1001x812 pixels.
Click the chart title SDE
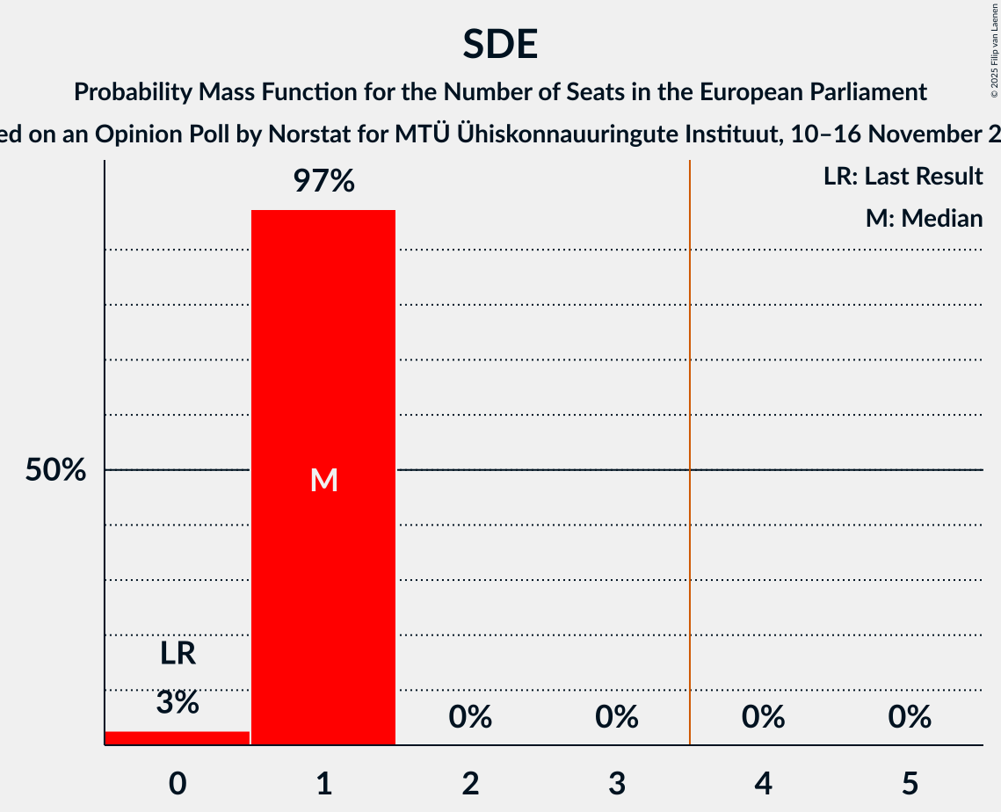tap(500, 44)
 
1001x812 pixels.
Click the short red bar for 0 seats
tap(178, 737)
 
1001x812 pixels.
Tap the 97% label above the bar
tap(323, 182)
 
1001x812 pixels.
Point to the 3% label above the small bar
tap(178, 702)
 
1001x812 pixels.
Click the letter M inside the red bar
tap(323, 480)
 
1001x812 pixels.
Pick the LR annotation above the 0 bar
tap(178, 654)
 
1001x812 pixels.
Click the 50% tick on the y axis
tap(55, 470)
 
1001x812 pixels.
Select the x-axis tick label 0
tap(178, 783)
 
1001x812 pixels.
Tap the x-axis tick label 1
tap(323, 783)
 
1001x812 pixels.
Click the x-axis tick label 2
tap(470, 783)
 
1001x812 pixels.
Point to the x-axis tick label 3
tap(616, 783)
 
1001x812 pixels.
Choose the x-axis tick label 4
tap(763, 783)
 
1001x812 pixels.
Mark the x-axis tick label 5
tap(909, 783)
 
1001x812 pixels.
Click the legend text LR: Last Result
tap(903, 177)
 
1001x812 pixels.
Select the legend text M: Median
tap(924, 218)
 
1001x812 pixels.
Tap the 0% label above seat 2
tap(470, 717)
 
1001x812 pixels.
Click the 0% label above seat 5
tap(909, 717)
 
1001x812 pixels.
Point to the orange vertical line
tap(690, 439)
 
